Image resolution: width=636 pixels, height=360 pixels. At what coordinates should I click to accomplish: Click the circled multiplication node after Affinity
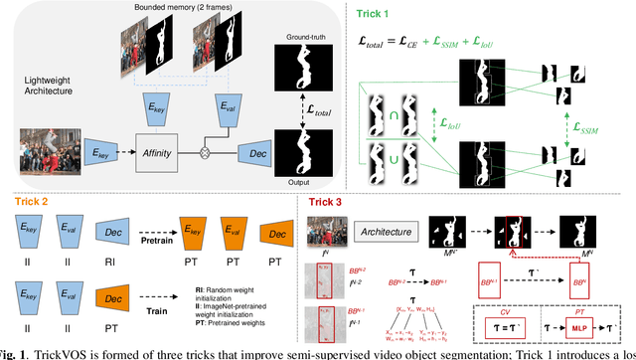(204, 155)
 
